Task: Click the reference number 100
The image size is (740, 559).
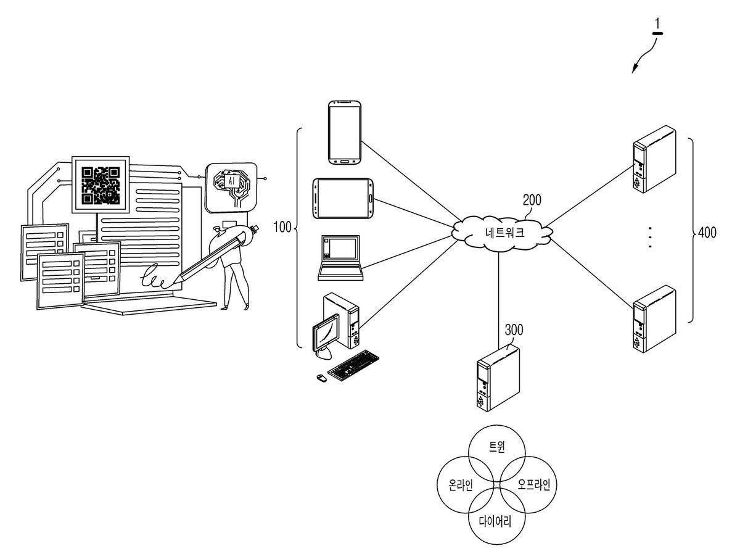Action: coord(282,227)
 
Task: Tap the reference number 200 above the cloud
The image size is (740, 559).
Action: coord(532,200)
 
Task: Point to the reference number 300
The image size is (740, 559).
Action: coord(514,329)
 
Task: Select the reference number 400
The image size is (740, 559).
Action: coord(707,232)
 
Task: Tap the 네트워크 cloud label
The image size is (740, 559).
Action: coord(504,232)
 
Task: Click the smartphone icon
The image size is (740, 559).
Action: coord(345,133)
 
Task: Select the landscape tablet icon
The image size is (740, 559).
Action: coord(343,199)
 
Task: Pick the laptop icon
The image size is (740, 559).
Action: coord(340,257)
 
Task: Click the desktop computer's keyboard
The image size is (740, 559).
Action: coord(353,366)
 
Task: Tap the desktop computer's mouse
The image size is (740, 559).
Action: coord(322,378)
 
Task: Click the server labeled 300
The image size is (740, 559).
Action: coord(498,377)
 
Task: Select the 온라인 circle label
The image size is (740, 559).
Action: coord(461,484)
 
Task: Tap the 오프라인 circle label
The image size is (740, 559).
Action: coord(534,484)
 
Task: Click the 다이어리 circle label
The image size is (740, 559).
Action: coord(495,521)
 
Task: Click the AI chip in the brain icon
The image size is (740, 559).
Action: coord(231,181)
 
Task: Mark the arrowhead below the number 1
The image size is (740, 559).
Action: coord(634,69)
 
